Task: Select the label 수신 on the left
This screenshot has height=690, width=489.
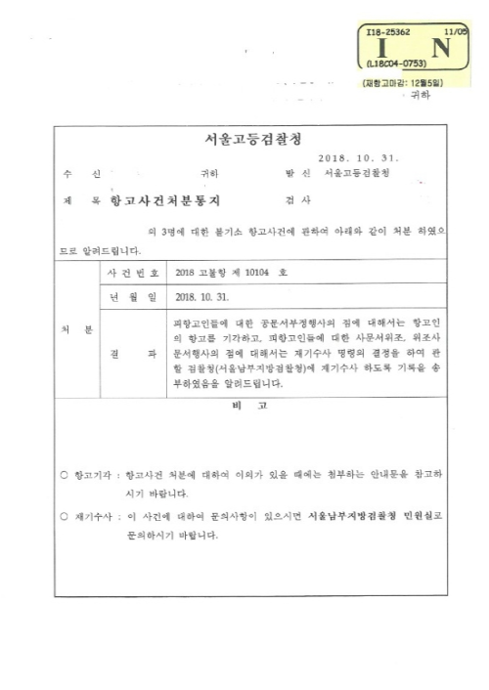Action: coord(81,174)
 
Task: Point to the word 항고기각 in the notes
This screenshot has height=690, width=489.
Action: coord(93,476)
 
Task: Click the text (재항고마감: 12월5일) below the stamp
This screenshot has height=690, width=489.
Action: coord(403,84)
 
